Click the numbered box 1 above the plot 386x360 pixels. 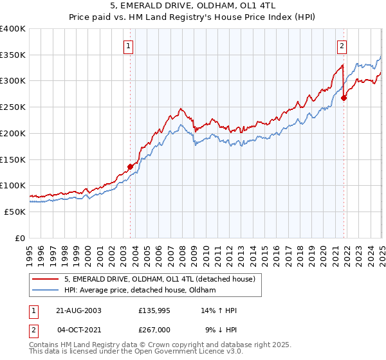pyautogui.click(x=129, y=45)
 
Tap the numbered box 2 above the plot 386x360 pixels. pyautogui.click(x=341, y=45)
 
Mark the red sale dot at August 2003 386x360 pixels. pyautogui.click(x=130, y=166)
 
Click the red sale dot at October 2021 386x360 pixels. pyautogui.click(x=344, y=98)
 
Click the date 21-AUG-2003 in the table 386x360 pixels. pyautogui.click(x=79, y=310)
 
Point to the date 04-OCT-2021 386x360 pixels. pyautogui.click(x=79, y=330)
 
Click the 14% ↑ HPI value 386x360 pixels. pyautogui.click(x=219, y=310)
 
